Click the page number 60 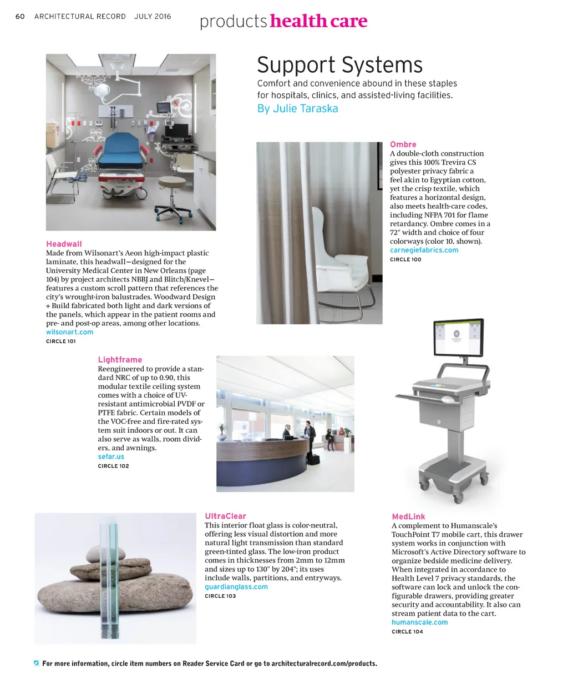(20, 17)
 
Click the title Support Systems (339, 65)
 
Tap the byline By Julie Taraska (297, 109)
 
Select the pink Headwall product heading (64, 244)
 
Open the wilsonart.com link (69, 332)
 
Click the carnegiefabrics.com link (424, 250)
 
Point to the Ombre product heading (403, 144)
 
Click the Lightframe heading (120, 360)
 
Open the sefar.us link (111, 457)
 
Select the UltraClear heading (225, 516)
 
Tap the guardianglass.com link (236, 586)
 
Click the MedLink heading (408, 516)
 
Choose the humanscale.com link (419, 622)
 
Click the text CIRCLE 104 (407, 631)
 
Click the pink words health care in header (318, 21)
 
